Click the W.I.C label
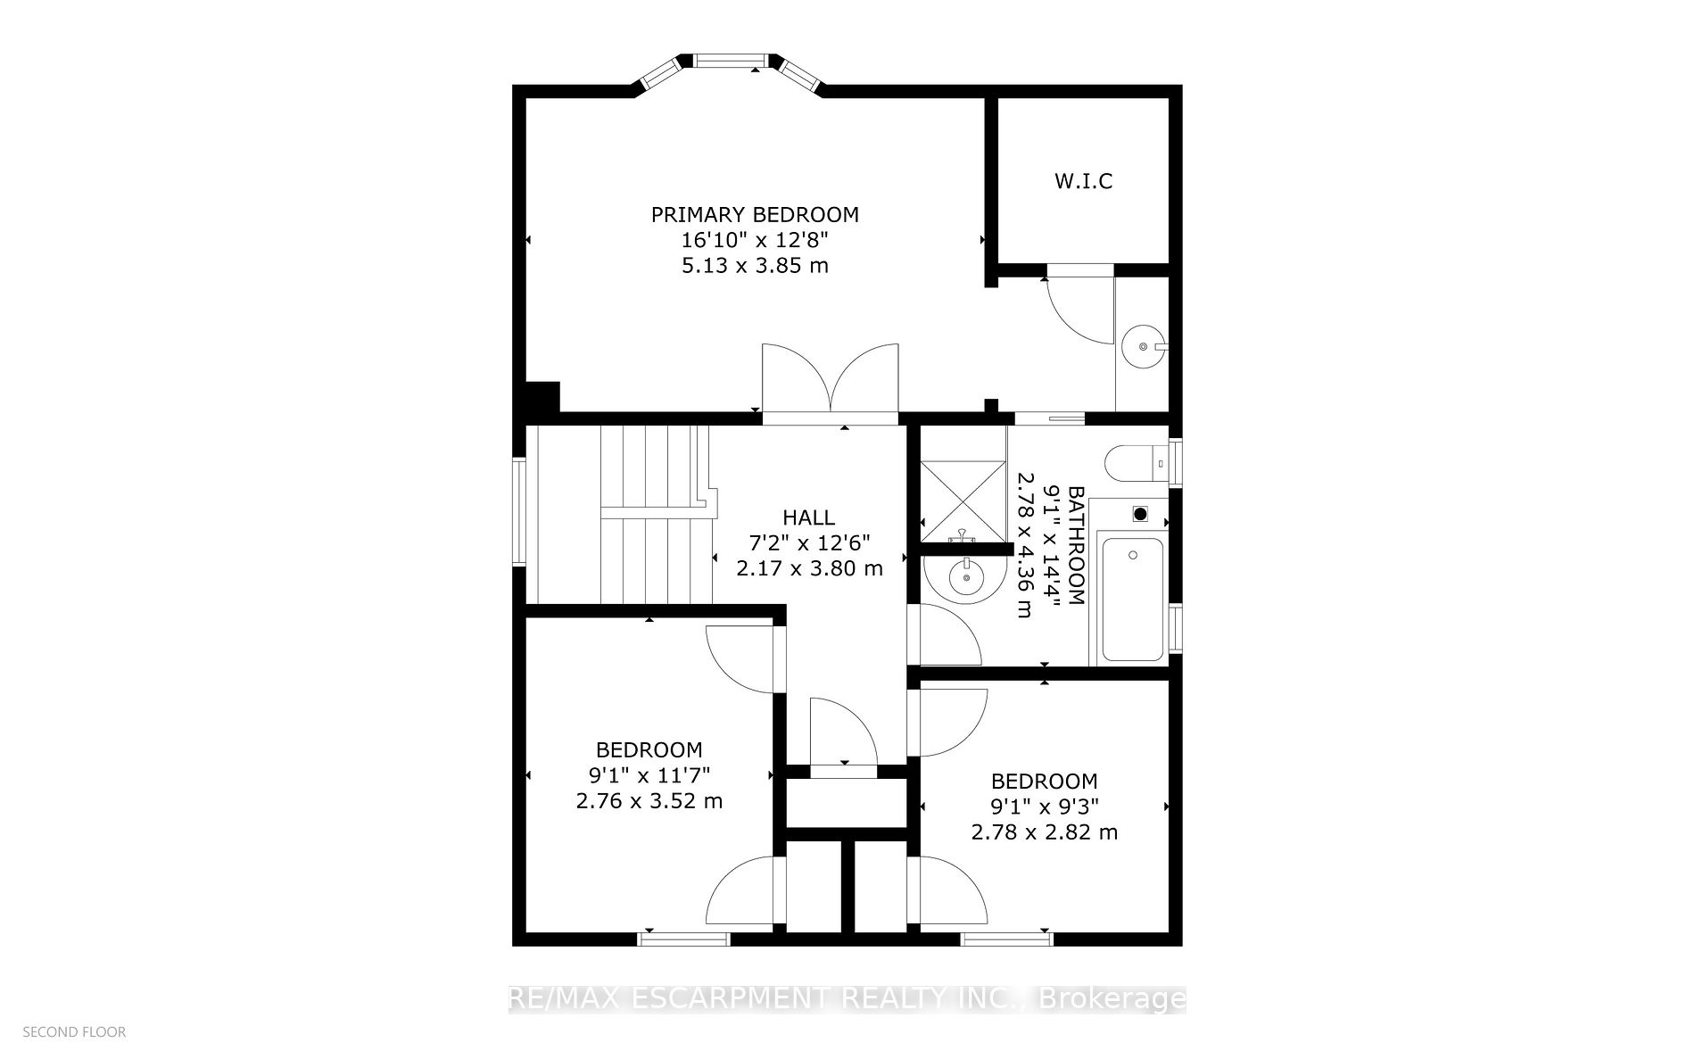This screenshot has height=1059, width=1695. pyautogui.click(x=1083, y=181)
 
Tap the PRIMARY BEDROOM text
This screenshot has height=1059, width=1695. pyautogui.click(x=755, y=215)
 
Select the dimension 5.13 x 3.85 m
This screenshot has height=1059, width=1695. pyautogui.click(x=755, y=266)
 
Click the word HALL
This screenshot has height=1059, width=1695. pyautogui.click(x=808, y=517)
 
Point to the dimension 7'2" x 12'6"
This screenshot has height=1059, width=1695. pyautogui.click(x=808, y=542)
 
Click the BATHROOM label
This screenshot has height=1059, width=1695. pyautogui.click(x=1077, y=545)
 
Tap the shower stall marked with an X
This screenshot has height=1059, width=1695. pyautogui.click(x=962, y=501)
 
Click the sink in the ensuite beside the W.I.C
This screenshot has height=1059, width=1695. pyautogui.click(x=1142, y=343)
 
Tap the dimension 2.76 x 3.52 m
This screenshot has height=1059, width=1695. pyautogui.click(x=649, y=801)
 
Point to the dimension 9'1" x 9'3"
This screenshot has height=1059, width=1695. pyautogui.click(x=1044, y=807)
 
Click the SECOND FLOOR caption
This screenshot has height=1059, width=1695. pyautogui.click(x=74, y=1032)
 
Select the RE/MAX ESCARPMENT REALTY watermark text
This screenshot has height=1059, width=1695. pyautogui.click(x=846, y=999)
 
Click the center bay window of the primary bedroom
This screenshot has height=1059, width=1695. pyautogui.click(x=730, y=61)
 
